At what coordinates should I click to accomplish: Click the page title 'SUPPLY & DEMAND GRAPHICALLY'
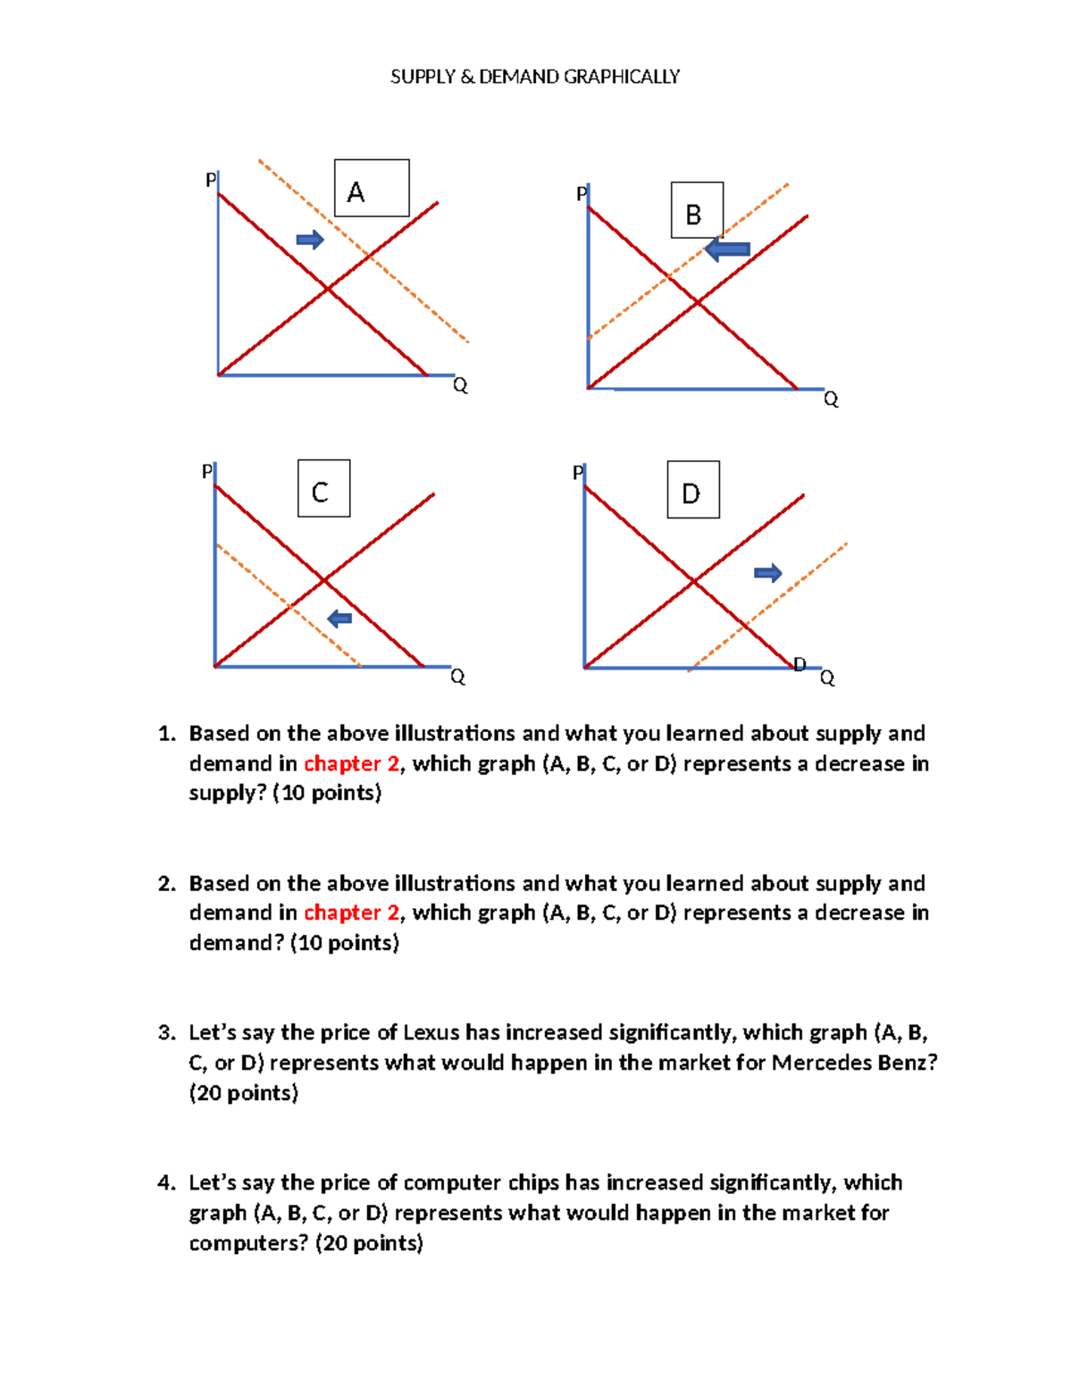(534, 77)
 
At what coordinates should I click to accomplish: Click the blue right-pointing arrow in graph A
(310, 239)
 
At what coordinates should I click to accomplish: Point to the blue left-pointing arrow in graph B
(727, 249)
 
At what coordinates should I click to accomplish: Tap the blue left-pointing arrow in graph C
(339, 618)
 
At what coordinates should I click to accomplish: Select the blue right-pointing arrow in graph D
(767, 573)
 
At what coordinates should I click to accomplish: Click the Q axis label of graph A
(460, 385)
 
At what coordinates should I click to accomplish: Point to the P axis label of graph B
(582, 194)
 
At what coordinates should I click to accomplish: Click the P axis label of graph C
(207, 471)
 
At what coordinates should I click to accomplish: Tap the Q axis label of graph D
(827, 678)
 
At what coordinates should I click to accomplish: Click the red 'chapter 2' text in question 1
(351, 763)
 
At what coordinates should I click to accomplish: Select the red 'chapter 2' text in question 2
(351, 913)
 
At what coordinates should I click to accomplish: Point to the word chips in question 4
(533, 1183)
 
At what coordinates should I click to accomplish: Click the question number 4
(165, 1183)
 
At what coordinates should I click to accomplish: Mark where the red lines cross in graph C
(323, 581)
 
